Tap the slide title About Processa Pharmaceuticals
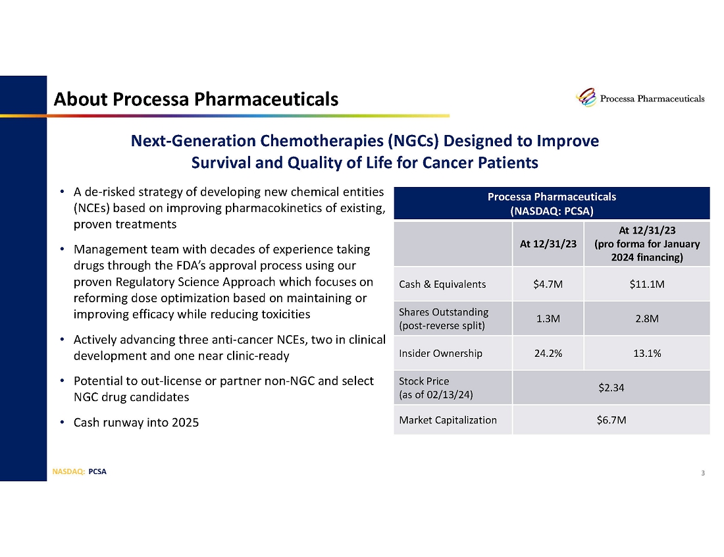[196, 99]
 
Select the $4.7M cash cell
[548, 284]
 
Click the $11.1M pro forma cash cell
[646, 284]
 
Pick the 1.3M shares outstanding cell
[548, 319]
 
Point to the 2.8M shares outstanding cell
[646, 319]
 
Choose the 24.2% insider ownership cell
[548, 353]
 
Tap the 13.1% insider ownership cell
[646, 353]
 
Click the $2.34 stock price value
[611, 387]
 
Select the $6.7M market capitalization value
[611, 419]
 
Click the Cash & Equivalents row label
[442, 284]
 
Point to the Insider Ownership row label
[440, 353]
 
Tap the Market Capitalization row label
[448, 419]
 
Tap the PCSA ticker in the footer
[97, 471]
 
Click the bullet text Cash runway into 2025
[136, 422]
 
